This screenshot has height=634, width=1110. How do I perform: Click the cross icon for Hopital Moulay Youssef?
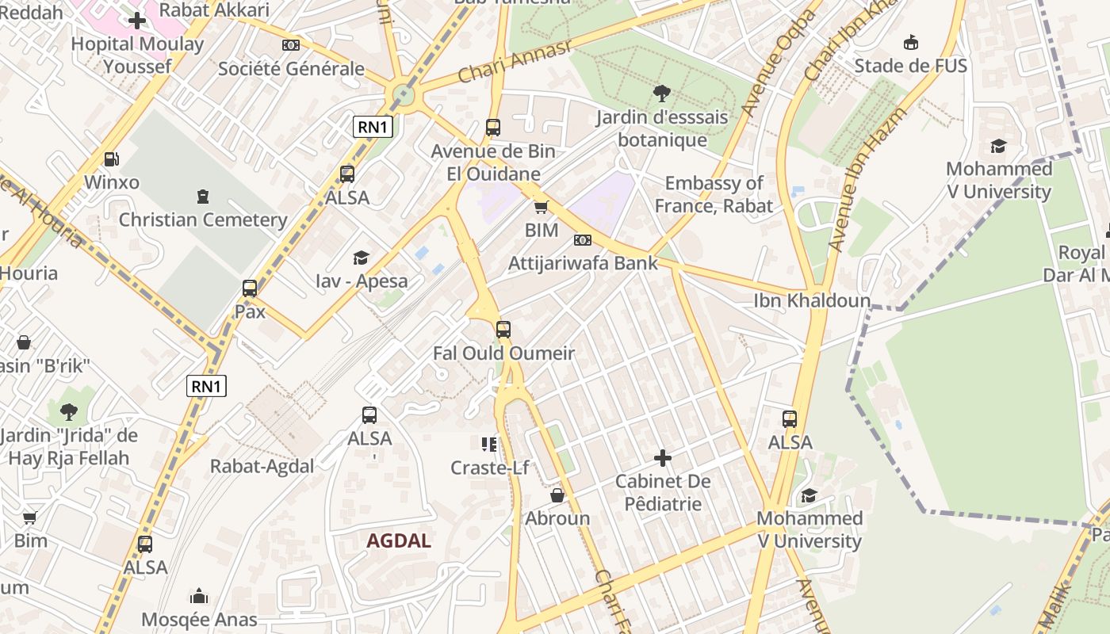tap(137, 21)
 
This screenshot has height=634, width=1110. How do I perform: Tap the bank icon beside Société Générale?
tap(291, 45)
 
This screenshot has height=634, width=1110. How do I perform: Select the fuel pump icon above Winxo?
tap(112, 159)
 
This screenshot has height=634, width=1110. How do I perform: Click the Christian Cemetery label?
tap(203, 220)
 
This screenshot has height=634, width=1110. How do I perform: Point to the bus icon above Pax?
tap(250, 288)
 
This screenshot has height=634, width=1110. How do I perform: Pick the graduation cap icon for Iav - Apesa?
tap(362, 258)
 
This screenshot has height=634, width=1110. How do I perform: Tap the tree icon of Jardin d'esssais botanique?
tap(661, 94)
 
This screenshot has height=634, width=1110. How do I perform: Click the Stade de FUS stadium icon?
tap(911, 42)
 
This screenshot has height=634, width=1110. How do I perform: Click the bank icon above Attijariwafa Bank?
tap(583, 240)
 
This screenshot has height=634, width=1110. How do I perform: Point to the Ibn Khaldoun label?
tap(812, 301)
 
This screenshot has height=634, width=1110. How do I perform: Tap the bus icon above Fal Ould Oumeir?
tap(503, 330)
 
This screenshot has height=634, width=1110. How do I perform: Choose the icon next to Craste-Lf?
tap(489, 444)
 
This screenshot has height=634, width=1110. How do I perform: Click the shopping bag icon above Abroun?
tap(557, 495)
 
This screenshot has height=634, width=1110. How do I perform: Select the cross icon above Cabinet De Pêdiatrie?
tap(663, 458)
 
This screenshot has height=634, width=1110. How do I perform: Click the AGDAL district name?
tap(399, 541)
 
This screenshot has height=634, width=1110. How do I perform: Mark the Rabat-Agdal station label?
tap(262, 467)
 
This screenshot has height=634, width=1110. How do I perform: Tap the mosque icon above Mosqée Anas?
tap(199, 596)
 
